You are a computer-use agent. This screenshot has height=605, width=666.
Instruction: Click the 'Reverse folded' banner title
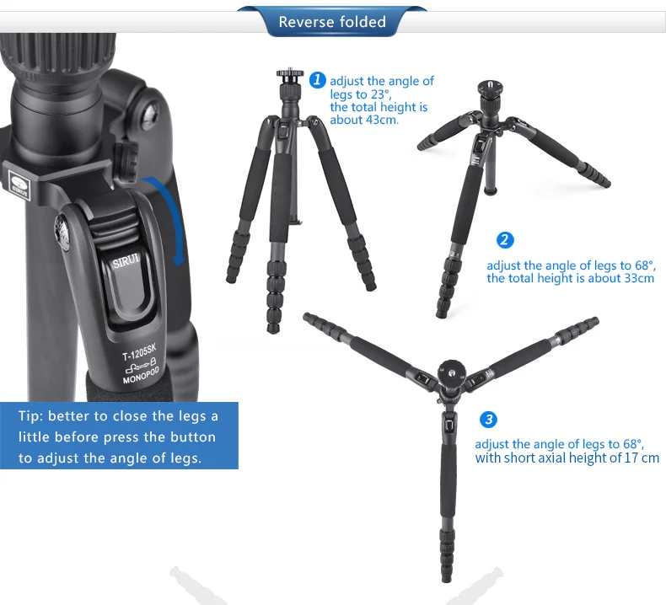[x=332, y=22]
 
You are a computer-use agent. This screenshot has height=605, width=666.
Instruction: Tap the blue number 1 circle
[x=317, y=80]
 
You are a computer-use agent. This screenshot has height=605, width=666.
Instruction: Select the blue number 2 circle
[x=505, y=240]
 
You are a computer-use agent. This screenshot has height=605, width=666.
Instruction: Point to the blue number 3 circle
[x=488, y=420]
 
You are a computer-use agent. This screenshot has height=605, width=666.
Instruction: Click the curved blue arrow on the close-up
[x=172, y=217]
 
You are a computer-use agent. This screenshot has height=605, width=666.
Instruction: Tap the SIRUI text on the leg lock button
[x=126, y=259]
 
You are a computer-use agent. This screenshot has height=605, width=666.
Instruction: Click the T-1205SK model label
[x=139, y=352]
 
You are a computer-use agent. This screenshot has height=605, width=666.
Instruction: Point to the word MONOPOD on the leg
[x=141, y=375]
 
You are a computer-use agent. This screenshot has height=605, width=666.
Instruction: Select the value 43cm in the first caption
[x=381, y=120]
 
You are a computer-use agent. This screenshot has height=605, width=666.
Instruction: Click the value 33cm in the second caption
[x=638, y=278]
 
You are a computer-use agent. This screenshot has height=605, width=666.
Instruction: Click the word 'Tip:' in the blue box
[x=30, y=416]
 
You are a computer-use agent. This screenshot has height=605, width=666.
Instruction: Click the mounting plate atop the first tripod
[x=290, y=73]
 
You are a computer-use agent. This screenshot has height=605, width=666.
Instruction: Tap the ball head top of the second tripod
[x=490, y=88]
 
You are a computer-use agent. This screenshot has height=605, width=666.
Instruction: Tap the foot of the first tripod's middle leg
[x=273, y=327]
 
